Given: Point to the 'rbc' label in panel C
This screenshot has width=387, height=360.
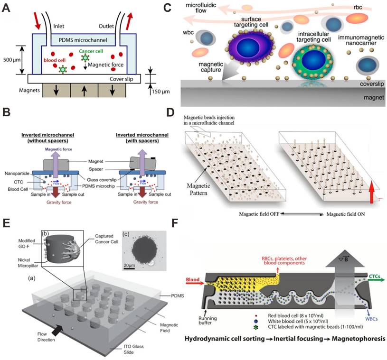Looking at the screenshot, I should tap(372, 7).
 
